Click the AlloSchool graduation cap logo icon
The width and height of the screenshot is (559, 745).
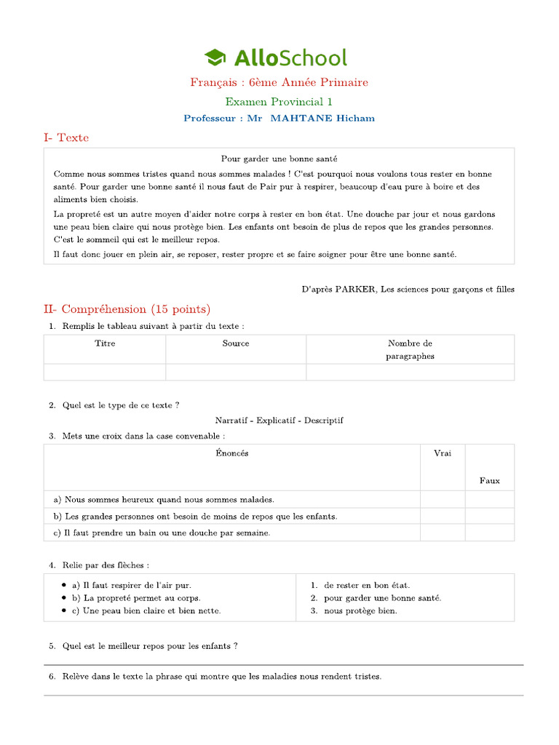(x=215, y=57)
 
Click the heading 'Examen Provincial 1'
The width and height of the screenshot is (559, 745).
(x=279, y=102)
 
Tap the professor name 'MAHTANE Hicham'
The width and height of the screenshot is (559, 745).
(x=322, y=119)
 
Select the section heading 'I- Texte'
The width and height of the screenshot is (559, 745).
(x=66, y=138)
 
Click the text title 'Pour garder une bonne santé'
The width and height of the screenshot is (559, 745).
(x=279, y=159)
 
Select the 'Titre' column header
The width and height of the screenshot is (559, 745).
(x=105, y=343)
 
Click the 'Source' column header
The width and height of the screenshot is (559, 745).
(x=236, y=343)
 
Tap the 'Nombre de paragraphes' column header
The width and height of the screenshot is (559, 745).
(x=410, y=350)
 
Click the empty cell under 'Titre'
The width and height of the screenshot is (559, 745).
(x=105, y=372)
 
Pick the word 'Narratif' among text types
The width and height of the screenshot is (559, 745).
(x=232, y=421)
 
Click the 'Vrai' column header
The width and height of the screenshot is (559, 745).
(x=443, y=453)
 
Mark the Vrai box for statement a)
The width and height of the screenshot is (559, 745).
(x=443, y=500)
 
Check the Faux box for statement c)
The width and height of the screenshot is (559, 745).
(x=489, y=533)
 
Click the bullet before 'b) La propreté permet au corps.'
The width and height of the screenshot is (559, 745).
(x=66, y=598)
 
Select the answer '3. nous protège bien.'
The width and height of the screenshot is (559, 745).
(x=354, y=611)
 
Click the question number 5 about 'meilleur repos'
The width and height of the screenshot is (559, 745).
(x=52, y=646)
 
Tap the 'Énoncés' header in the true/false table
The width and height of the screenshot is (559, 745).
(x=232, y=453)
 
